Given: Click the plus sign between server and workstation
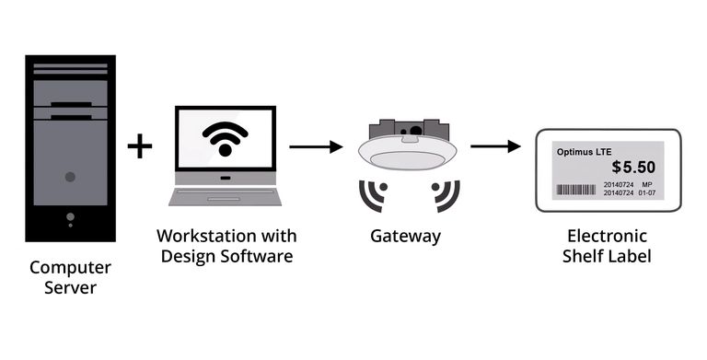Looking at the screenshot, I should click(139, 145).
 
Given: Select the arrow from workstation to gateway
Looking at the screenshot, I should click(316, 145).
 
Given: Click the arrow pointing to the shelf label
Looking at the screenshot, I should click(496, 145).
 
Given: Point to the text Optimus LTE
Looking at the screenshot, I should click(584, 151).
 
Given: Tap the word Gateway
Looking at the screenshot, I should click(405, 237).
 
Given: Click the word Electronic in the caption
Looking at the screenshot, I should click(607, 236).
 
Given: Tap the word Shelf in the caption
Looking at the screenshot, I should click(583, 256).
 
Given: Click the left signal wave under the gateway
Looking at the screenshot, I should click(373, 193).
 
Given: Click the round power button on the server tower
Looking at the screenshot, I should click(70, 176).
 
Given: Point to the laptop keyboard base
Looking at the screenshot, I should click(224, 196).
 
